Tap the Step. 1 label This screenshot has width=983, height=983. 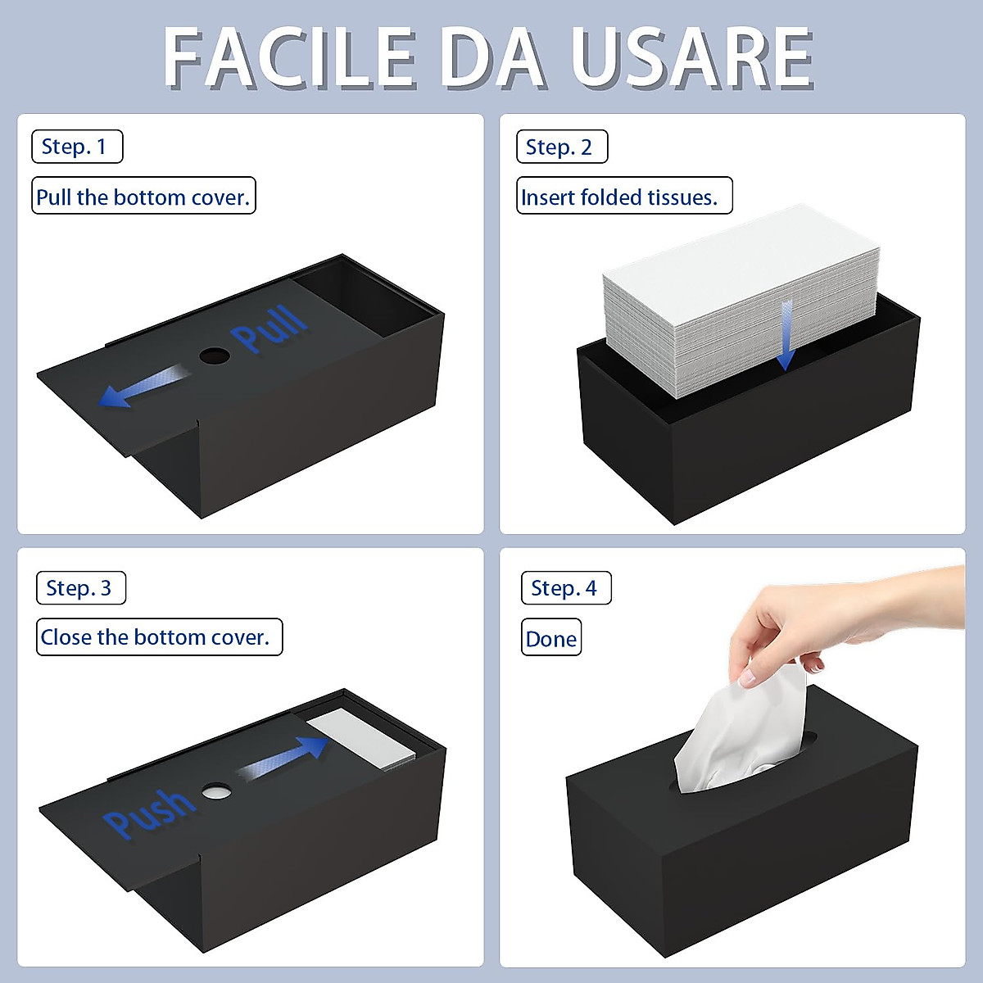pyautogui.click(x=77, y=147)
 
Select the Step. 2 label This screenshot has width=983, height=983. pyautogui.click(x=562, y=147)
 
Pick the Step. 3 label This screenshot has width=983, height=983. pyautogui.click(x=81, y=588)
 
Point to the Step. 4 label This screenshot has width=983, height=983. pyautogui.click(x=566, y=588)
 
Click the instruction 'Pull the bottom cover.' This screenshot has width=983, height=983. pyautogui.click(x=143, y=197)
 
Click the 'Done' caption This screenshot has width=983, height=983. pyautogui.click(x=551, y=639)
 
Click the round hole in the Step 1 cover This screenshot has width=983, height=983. pyautogui.click(x=215, y=356)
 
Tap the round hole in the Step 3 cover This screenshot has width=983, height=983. pyautogui.click(x=217, y=791)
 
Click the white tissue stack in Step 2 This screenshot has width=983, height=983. pyautogui.click(x=737, y=295)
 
